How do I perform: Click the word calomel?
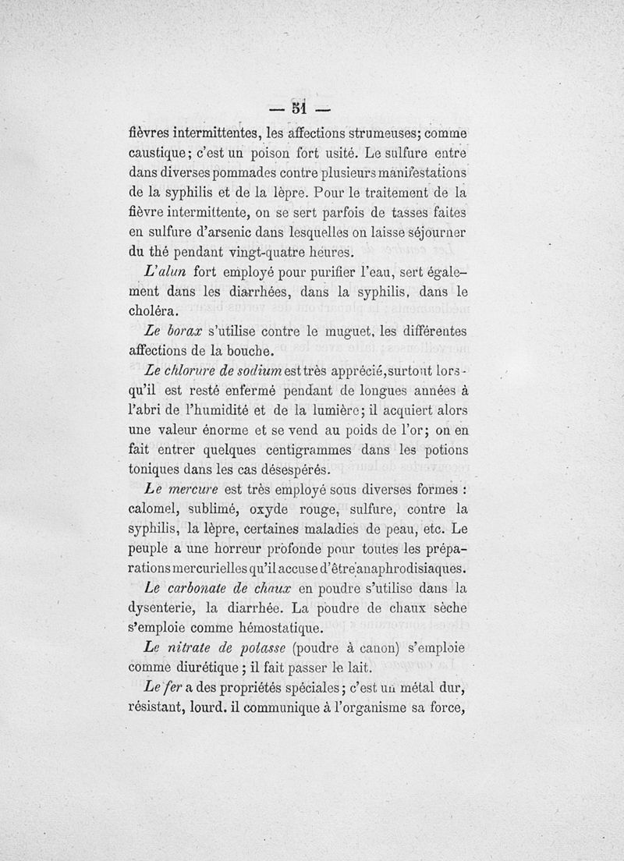(156, 512)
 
